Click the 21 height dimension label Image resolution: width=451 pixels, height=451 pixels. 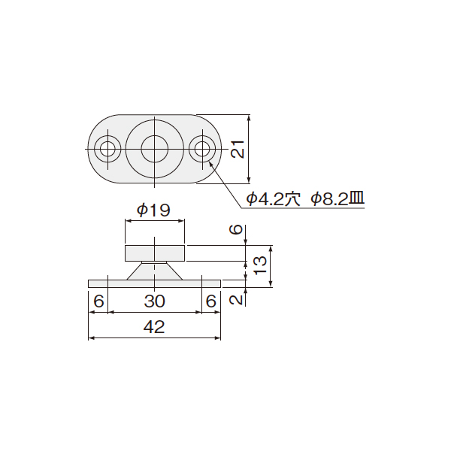[x=238, y=149]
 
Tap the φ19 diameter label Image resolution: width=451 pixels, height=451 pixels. [x=154, y=210]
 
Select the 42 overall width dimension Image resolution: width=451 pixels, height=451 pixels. [x=154, y=327]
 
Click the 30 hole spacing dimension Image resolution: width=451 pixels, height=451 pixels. [x=154, y=301]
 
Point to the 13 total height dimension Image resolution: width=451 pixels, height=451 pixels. [x=261, y=265]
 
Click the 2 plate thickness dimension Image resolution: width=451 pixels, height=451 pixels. [x=236, y=300]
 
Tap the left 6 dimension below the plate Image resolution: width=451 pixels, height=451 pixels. [x=98, y=301]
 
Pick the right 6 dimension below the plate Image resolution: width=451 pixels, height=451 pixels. [x=210, y=301]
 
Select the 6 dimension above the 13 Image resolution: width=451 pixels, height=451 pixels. [x=236, y=229]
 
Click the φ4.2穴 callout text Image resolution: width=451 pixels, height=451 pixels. [x=274, y=198]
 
